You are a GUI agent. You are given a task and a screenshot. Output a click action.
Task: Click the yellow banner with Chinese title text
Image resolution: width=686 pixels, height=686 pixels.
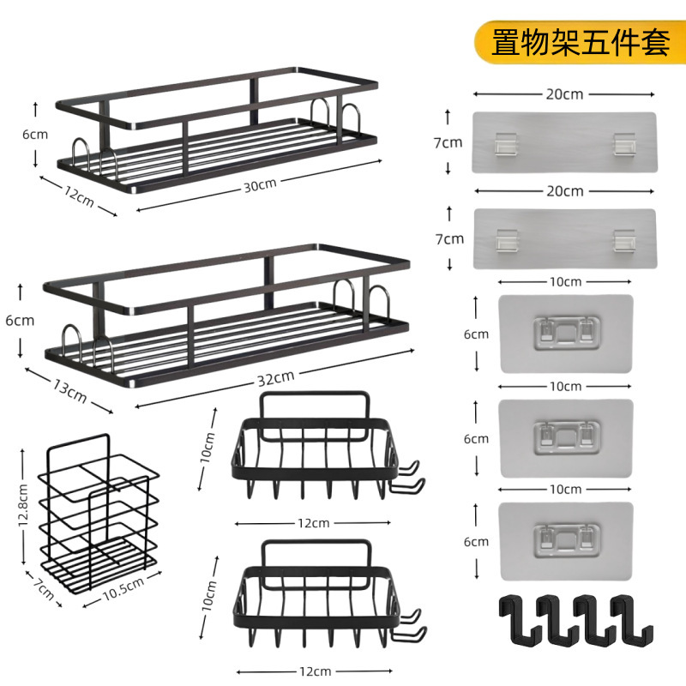[x=581, y=42]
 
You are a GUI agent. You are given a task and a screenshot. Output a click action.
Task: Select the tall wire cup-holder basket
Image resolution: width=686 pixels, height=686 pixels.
[x=100, y=514]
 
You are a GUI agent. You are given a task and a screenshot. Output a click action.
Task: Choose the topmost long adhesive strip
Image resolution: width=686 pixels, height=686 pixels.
[x=564, y=143]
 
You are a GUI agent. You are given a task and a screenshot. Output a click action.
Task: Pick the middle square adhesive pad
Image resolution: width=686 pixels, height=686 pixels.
[x=565, y=437]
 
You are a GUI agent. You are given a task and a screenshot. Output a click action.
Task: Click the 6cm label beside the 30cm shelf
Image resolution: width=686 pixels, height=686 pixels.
[x=35, y=134]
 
